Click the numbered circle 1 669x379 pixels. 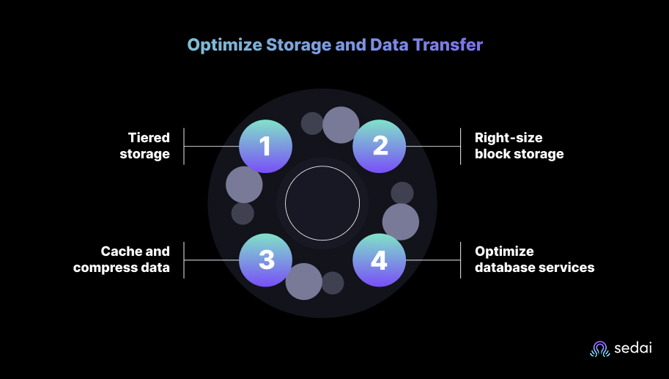point(266,147)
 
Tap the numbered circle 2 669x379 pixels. point(380,147)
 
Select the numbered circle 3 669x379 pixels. point(266,260)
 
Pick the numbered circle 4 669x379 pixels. point(380,260)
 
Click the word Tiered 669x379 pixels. point(149,137)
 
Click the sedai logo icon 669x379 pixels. point(599,349)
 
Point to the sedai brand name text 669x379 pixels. point(632,350)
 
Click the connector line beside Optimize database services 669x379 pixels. point(432,260)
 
